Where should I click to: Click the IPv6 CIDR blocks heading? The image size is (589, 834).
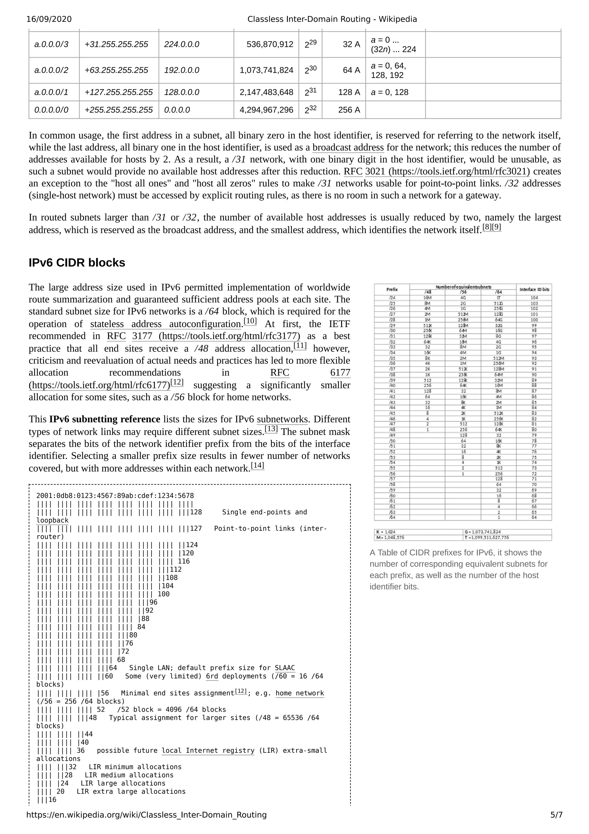77,263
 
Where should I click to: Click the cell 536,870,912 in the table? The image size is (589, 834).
270,44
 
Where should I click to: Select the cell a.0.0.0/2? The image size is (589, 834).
51,70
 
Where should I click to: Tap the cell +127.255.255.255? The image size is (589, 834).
119,92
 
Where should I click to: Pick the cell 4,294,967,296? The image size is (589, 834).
266,110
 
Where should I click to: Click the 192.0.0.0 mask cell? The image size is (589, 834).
181,70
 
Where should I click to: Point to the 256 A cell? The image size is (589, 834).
349,110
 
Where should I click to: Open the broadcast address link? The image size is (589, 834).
348,147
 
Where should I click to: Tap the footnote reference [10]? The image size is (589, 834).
250,321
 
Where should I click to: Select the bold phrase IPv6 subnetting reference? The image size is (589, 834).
104,419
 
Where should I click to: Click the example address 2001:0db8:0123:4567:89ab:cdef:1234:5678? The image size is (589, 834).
115,496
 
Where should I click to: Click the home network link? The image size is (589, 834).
299,693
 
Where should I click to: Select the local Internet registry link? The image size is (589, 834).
208,751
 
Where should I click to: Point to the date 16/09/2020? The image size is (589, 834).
49,19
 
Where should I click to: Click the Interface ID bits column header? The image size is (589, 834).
534,290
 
